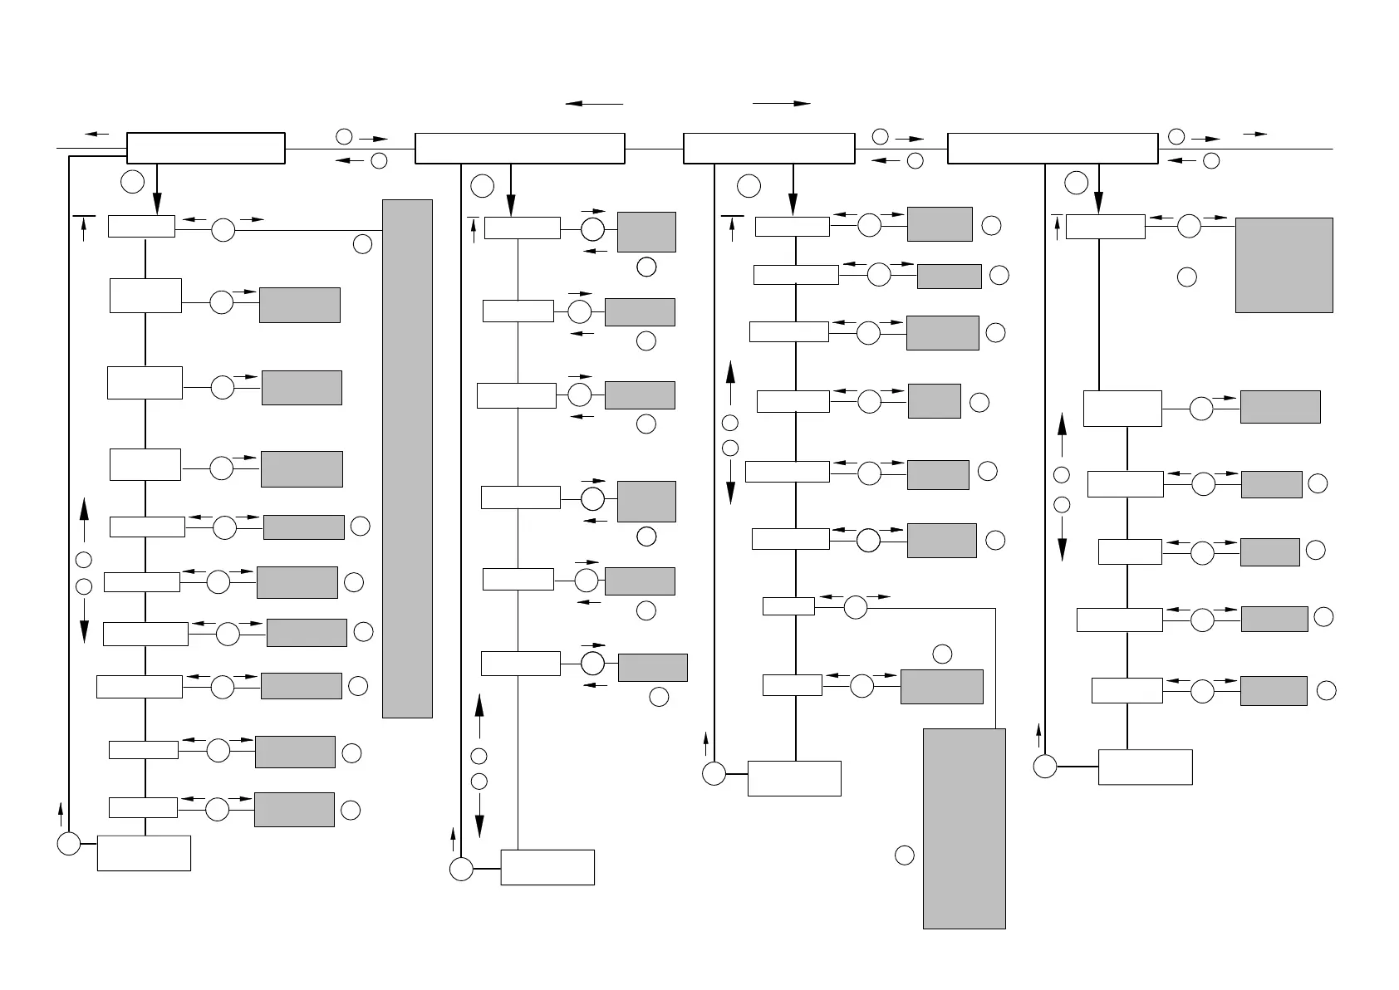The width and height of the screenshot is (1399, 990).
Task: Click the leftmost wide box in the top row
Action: pyautogui.click(x=205, y=148)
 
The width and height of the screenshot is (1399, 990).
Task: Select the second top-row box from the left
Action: pyautogui.click(x=519, y=148)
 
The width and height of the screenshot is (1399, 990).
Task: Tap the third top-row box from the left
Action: pyautogui.click(x=768, y=148)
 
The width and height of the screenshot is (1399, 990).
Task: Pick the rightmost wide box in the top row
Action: pyautogui.click(x=1053, y=148)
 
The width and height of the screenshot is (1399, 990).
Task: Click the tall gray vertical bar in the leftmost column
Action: pyautogui.click(x=407, y=458)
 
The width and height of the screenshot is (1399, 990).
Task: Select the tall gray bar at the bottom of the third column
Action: pyautogui.click(x=964, y=828)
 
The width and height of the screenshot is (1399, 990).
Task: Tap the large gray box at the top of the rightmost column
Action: pyautogui.click(x=1284, y=265)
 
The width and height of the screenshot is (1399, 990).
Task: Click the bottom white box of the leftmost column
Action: pyautogui.click(x=144, y=853)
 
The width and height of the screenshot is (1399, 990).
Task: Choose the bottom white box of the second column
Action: pyautogui.click(x=547, y=867)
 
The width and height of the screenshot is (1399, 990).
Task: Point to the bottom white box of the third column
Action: pyautogui.click(x=794, y=778)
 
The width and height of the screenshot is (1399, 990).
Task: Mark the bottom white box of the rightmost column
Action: pyautogui.click(x=1145, y=767)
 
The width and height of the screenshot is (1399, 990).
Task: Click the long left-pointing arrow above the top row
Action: pyautogui.click(x=594, y=104)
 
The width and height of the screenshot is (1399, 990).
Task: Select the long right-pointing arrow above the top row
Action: pyautogui.click(x=781, y=104)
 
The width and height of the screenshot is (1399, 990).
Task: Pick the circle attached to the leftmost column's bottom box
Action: pyautogui.click(x=69, y=844)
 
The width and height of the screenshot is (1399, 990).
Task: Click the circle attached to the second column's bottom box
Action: pyautogui.click(x=461, y=869)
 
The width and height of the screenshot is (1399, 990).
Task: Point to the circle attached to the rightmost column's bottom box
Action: pyautogui.click(x=1045, y=767)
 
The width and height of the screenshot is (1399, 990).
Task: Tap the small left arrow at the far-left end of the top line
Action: pyautogui.click(x=97, y=134)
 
